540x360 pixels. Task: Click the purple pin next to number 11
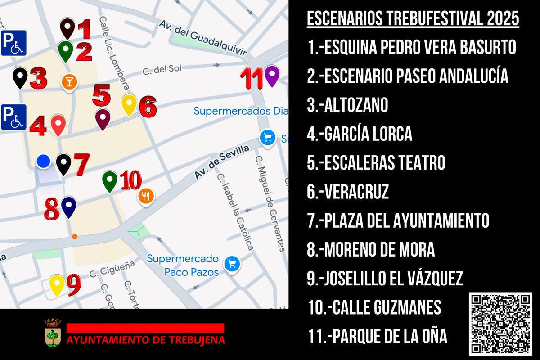click(272, 75)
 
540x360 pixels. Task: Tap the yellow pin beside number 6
click(130, 105)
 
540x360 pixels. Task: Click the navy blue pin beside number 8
click(68, 207)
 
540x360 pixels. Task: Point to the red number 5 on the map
click(101, 95)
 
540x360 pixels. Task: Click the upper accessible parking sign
click(13, 43)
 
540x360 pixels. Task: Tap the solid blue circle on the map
click(43, 161)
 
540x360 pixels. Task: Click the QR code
click(500, 324)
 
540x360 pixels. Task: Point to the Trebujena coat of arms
click(53, 333)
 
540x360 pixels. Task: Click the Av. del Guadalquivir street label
click(202, 37)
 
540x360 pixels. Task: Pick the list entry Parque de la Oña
click(378, 336)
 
